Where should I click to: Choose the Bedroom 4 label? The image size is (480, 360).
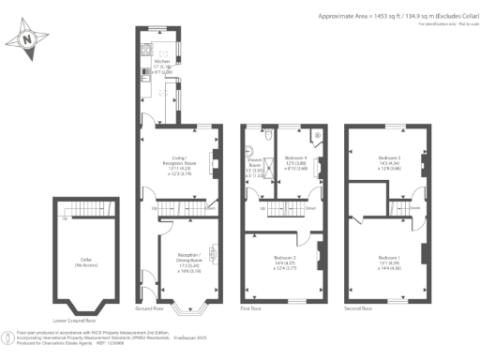pyautogui.click(x=297, y=159)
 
